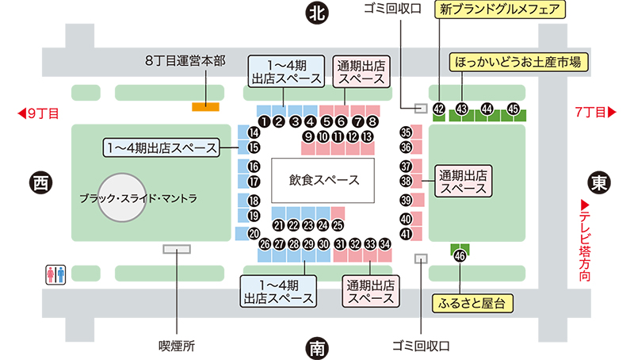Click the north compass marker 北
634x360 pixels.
click(316, 13)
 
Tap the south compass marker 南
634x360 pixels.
click(316, 348)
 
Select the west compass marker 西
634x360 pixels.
click(41, 182)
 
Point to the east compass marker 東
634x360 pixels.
click(599, 182)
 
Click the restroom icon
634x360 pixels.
click(55, 274)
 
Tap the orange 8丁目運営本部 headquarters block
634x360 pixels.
click(205, 107)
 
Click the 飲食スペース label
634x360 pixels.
click(324, 180)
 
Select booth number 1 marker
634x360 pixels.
click(264, 121)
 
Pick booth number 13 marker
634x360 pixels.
click(367, 136)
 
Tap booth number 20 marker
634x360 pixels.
click(254, 233)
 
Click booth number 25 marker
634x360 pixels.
click(338, 225)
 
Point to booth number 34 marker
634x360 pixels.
click(385, 244)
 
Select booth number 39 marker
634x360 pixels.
click(406, 200)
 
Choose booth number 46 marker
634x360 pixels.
click(460, 255)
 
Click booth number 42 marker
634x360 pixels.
click(439, 109)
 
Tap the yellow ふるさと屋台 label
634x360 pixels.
click(472, 304)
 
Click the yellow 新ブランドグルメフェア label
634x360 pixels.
click(500, 10)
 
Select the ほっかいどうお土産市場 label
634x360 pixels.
click(518, 63)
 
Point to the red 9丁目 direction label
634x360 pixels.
click(39, 113)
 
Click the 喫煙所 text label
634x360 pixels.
click(177, 347)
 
